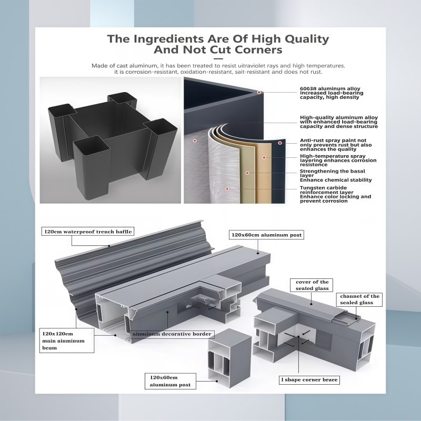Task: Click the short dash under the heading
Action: click(218, 58)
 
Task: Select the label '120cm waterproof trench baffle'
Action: click(88, 232)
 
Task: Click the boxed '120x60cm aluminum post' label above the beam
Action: click(266, 235)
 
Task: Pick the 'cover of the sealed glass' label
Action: click(312, 285)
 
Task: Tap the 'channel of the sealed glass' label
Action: click(359, 299)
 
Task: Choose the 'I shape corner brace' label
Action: click(309, 379)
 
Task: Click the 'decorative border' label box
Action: click(172, 334)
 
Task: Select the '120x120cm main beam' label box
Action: click(67, 340)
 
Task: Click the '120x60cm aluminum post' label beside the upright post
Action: click(170, 381)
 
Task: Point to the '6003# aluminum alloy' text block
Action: click(332, 93)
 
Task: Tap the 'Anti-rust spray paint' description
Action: click(336, 145)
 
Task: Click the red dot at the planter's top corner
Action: click(259, 93)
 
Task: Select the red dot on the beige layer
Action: click(264, 157)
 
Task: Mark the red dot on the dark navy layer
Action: click(280, 143)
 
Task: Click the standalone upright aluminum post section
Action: click(229, 358)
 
